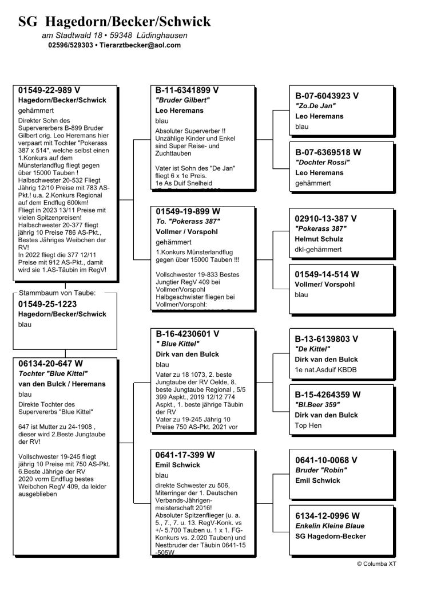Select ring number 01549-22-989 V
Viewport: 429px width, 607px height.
49,90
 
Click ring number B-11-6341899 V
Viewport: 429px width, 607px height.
187,90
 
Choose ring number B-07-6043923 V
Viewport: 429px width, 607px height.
327,96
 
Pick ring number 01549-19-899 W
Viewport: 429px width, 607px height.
188,211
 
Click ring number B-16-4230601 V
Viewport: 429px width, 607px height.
187,333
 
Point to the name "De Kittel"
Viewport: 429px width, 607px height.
313,349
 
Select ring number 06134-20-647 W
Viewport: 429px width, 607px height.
51,363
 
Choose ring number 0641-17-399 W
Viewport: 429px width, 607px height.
185,455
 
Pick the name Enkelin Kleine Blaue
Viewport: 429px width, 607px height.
329,526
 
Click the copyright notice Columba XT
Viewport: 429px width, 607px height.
376,563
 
